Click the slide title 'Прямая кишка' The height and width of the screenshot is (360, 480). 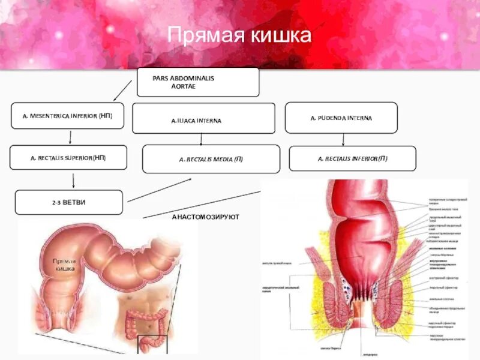pyautogui.click(x=239, y=35)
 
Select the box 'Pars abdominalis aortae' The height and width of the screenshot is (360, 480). pyautogui.click(x=198, y=82)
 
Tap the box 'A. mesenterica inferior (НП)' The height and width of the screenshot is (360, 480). pyautogui.click(x=67, y=116)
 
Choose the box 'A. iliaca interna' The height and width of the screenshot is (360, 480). pyautogui.click(x=203, y=118)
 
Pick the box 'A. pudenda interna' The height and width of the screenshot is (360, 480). pyautogui.click(x=341, y=118)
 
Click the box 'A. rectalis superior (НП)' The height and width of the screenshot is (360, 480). pyautogui.click(x=68, y=157)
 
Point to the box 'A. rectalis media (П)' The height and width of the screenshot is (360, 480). pyautogui.click(x=211, y=159)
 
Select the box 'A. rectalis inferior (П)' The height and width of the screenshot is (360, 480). pyautogui.click(x=352, y=158)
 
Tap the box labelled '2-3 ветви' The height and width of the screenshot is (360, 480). pyautogui.click(x=68, y=202)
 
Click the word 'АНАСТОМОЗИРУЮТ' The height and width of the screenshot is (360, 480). pyautogui.click(x=205, y=216)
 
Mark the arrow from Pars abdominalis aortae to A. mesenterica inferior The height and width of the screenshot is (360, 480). pyautogui.click(x=122, y=90)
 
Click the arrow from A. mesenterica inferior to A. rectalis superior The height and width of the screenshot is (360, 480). pyautogui.click(x=70, y=137)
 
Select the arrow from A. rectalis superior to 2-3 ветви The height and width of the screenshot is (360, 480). pyautogui.click(x=73, y=179)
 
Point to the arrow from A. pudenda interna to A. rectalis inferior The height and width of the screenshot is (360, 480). pyautogui.click(x=343, y=139)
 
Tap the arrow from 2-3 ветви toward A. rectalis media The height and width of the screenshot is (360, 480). pyautogui.click(x=160, y=189)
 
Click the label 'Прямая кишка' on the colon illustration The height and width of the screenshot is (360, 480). pyautogui.click(x=64, y=265)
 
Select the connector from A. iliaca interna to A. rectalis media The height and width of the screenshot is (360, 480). pyautogui.click(x=202, y=139)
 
